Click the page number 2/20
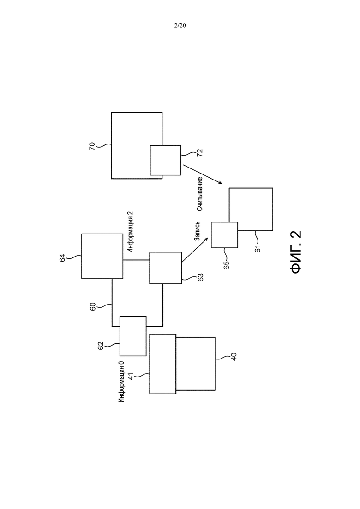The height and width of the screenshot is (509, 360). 180,25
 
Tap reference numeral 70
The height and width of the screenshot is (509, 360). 92,146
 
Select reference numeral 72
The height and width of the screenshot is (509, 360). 199,153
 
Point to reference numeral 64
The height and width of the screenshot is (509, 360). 62,258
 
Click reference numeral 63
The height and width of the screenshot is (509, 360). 200,277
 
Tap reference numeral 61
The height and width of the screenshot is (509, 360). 258,249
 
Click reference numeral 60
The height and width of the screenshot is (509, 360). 92,307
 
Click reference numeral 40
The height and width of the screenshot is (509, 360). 234,356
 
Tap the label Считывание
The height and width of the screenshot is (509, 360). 200,194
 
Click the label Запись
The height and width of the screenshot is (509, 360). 197,232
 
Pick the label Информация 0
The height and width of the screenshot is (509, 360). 121,382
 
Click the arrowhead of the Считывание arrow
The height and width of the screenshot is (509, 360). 220,183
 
